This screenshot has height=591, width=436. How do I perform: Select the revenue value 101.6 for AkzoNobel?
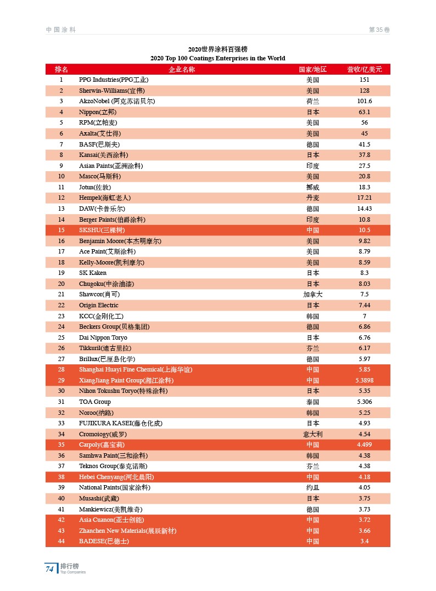[364, 101]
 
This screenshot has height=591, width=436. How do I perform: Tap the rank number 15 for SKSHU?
[62, 230]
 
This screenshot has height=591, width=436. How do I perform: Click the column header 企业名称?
[181, 69]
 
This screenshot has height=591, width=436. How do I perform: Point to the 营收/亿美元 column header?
[364, 69]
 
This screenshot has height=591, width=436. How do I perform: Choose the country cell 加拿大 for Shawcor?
[312, 294]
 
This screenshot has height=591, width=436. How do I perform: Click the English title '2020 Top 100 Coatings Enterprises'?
[217, 58]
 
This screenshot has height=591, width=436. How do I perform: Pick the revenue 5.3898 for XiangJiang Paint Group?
[364, 380]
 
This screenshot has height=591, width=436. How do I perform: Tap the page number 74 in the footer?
[49, 569]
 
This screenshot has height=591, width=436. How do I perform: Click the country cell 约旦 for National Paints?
[312, 487]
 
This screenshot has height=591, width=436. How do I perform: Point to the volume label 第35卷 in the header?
[379, 30]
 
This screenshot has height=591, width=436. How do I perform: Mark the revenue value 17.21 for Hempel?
[364, 198]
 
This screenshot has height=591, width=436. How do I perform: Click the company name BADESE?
[104, 541]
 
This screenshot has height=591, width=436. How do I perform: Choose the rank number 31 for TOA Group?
[62, 402]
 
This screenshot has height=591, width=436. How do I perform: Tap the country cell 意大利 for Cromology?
[312, 434]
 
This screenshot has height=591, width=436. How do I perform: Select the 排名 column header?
[62, 69]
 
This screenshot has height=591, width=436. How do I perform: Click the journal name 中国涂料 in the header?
[60, 30]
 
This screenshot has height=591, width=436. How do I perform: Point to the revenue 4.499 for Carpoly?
[364, 444]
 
